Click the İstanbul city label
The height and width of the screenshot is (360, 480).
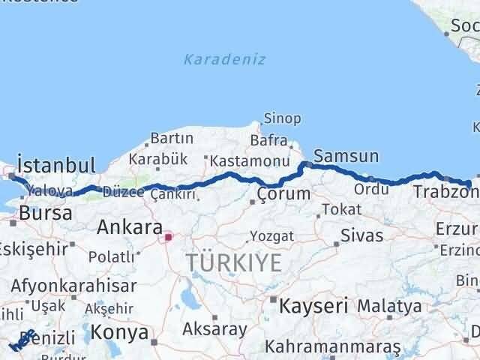(55, 165)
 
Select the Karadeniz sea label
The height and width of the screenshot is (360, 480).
(224, 60)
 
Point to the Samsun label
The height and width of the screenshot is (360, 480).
(346, 156)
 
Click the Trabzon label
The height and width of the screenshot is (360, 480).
(442, 193)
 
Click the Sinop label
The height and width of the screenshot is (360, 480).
(282, 118)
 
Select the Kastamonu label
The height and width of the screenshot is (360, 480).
(250, 161)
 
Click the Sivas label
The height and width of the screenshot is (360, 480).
(361, 235)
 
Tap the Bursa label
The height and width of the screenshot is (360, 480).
(46, 212)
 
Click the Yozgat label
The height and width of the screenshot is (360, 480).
(272, 236)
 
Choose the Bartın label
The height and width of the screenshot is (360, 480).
(172, 138)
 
